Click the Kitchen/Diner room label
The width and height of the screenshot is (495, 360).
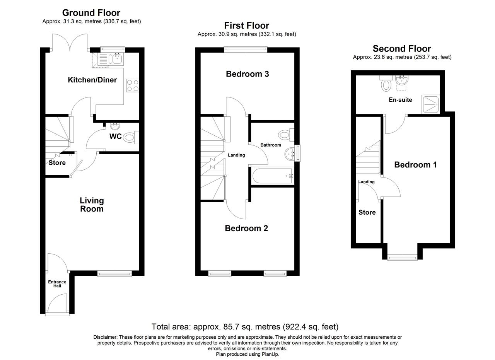pos(92,80)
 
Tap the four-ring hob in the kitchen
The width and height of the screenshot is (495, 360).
pos(133,85)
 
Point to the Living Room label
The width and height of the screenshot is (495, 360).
pos(92,205)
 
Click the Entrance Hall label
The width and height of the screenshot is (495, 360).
pos(57,284)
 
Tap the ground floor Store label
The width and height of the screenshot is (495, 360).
pos(57,163)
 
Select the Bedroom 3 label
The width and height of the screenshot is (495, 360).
pos(247,74)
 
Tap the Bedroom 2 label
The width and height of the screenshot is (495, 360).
pos(246,228)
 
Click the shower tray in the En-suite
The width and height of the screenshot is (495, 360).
pos(430,104)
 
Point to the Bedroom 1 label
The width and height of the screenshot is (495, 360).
pos(415,165)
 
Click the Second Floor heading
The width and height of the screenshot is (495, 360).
pos(402,48)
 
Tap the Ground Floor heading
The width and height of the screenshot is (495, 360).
pos(91,13)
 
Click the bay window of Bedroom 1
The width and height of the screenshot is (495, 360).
pos(402,257)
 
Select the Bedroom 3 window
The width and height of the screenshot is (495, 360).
pos(246,49)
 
